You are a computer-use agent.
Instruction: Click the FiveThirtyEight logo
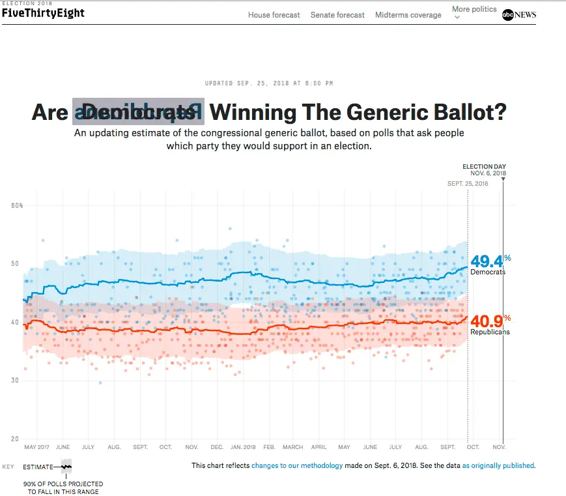coord(42,12)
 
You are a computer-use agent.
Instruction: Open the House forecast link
coord(274,15)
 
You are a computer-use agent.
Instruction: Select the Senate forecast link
coord(337,15)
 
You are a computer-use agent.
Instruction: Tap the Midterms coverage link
coord(408,15)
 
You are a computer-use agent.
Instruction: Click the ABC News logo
coord(519,15)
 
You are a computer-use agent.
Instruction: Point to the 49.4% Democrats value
coord(488,261)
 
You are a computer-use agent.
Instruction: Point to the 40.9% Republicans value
coord(488,321)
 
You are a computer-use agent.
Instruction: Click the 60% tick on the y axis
coord(17,206)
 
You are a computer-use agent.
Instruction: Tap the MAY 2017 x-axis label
coord(36,447)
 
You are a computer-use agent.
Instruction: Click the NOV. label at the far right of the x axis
coord(499,447)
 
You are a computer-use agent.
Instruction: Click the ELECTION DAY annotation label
coord(484,167)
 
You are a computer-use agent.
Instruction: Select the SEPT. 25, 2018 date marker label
coord(468,184)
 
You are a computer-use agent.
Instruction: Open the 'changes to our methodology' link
coord(297,465)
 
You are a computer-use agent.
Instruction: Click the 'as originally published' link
coord(498,465)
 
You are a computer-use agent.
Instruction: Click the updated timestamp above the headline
coord(269,83)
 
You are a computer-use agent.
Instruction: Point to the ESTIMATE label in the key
coord(38,467)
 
